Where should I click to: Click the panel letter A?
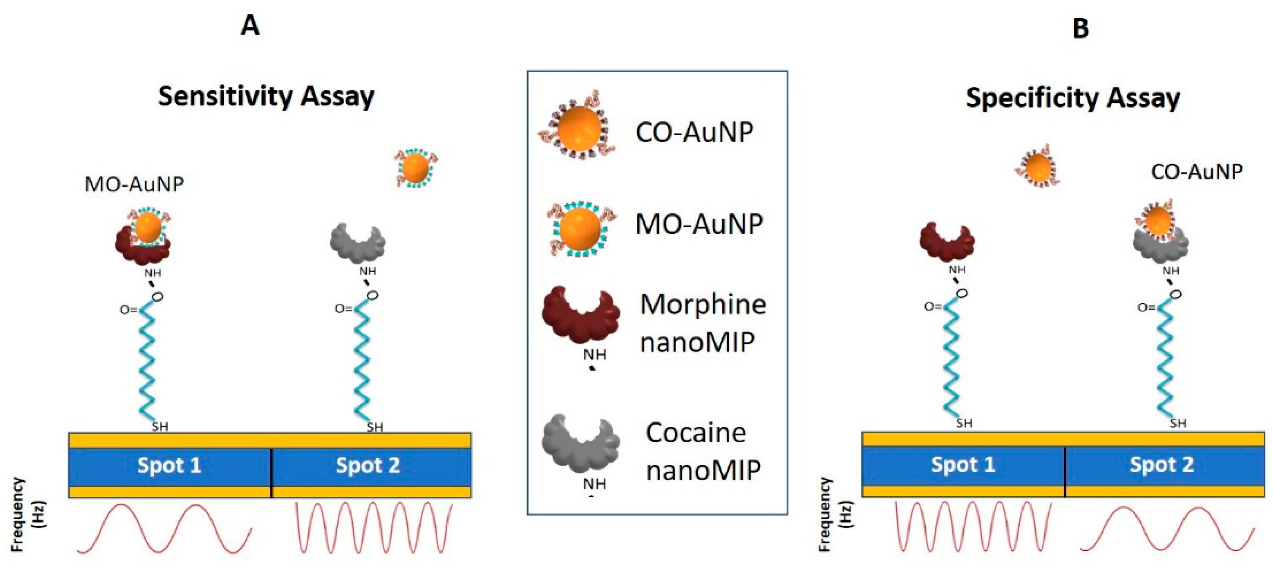click(250, 25)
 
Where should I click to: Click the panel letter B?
click(1080, 28)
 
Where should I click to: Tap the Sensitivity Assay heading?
click(266, 96)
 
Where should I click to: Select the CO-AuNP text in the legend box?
click(694, 132)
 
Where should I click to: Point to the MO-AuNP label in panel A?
click(134, 184)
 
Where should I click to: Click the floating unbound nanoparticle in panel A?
click(415, 169)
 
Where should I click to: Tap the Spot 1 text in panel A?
click(169, 465)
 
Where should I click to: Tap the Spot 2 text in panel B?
click(1162, 464)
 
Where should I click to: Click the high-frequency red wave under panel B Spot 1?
click(973, 526)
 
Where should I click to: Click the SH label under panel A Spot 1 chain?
click(160, 426)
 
